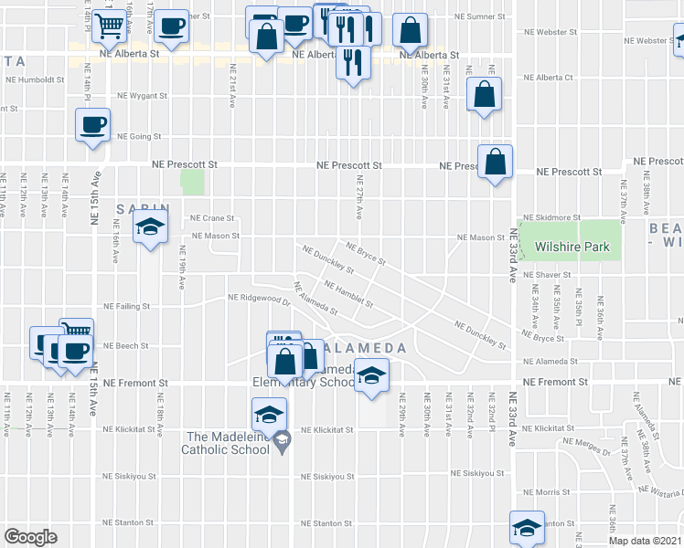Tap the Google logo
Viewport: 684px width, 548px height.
30,537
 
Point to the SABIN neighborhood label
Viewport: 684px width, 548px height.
138,209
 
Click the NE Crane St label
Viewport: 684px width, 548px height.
212,218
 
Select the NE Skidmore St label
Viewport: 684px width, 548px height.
551,217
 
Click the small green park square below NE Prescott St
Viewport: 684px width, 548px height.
193,182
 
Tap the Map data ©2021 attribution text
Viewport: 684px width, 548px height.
645,541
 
